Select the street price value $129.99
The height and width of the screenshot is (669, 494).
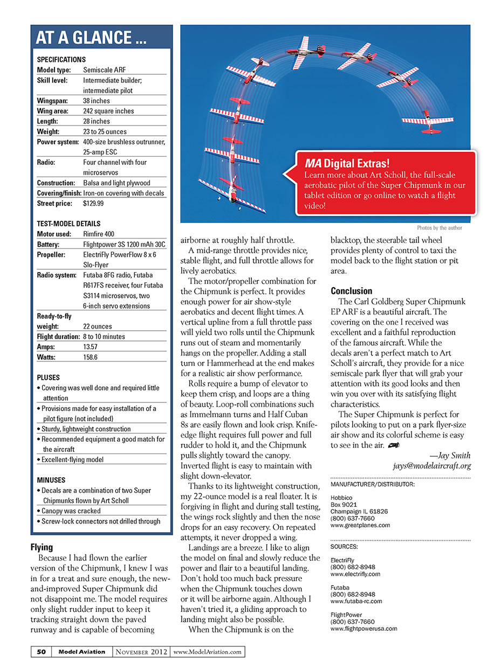(93, 204)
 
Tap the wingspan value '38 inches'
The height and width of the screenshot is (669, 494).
(97, 101)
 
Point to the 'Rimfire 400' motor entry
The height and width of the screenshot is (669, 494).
(99, 234)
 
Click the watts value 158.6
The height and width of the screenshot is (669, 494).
(92, 357)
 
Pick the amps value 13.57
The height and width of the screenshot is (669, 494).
(91, 347)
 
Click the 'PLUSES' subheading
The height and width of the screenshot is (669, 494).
(49, 378)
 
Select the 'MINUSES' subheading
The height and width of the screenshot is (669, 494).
(51, 480)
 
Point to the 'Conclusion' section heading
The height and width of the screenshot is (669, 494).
(351, 291)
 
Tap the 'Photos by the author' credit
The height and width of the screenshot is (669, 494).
(439, 228)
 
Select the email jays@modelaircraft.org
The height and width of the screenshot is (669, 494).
(431, 466)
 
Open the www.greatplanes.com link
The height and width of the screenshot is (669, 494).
(360, 525)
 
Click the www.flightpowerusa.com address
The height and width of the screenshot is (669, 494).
(363, 628)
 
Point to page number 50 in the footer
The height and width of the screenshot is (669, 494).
(41, 652)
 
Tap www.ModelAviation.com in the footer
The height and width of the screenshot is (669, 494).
(208, 652)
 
